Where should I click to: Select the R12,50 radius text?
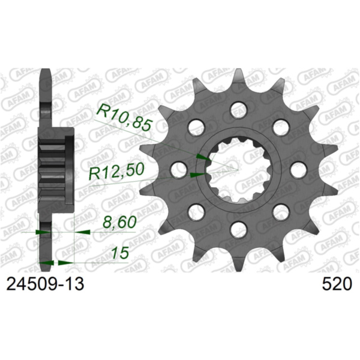pyautogui.click(x=116, y=174)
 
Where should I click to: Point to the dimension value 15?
pyautogui.click(x=120, y=253)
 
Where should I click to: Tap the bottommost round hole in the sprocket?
pyautogui.click(x=238, y=229)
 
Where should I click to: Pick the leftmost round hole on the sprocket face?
pyautogui.click(x=178, y=169)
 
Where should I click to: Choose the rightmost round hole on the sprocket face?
pyautogui.click(x=298, y=169)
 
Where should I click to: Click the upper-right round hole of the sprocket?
pyautogui.click(x=280, y=127)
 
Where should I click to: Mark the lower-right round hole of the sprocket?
pyautogui.click(x=280, y=211)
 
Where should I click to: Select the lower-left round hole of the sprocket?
pyautogui.click(x=196, y=211)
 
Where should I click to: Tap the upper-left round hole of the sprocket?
pyautogui.click(x=196, y=127)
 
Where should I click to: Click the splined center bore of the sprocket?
pyautogui.click(x=238, y=169)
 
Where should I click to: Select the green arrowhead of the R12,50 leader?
pyautogui.click(x=196, y=175)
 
